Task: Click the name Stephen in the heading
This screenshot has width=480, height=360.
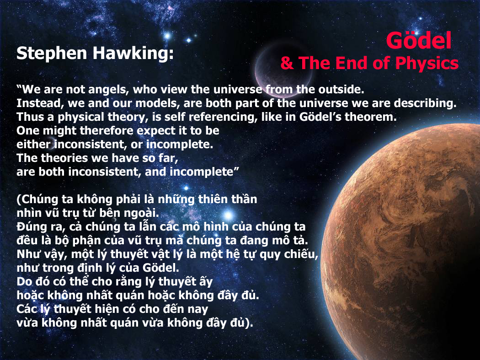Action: click(52, 54)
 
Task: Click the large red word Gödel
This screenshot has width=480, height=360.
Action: click(418, 40)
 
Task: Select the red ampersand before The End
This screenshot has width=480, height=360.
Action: click(287, 63)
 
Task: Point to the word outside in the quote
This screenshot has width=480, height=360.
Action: click(341, 89)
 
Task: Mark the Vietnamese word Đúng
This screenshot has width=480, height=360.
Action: click(31, 227)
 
